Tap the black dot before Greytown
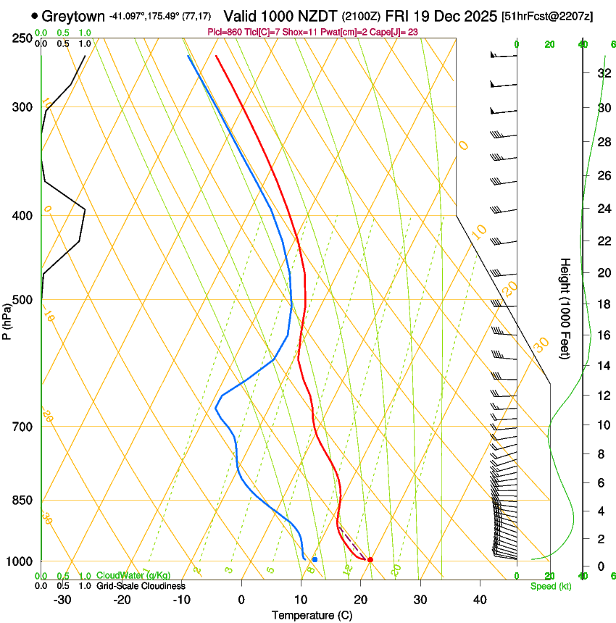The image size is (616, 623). coord(34,15)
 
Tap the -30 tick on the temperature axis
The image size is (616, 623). coord(62,600)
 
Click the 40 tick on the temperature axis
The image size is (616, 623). coord(479,600)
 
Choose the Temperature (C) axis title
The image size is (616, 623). coord(312,615)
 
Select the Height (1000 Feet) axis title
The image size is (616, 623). coord(565,308)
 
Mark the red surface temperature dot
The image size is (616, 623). coord(370,560)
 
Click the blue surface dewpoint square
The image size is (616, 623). coord(315,560)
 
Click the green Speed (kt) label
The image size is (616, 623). coord(550,586)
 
